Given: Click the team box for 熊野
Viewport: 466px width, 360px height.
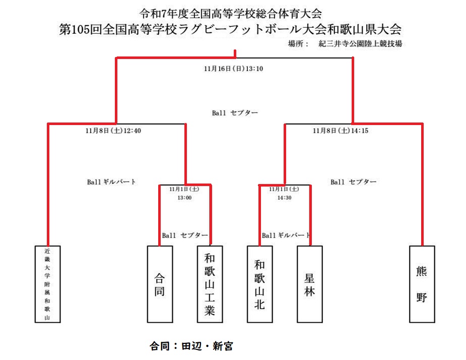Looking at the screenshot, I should click(422, 284).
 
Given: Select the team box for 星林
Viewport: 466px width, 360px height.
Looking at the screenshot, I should click(309, 284).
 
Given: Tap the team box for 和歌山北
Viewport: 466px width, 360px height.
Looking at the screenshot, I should click(259, 284).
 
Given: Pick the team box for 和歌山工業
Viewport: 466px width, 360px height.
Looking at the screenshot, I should click(210, 284).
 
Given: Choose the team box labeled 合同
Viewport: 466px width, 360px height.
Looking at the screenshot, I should click(160, 284).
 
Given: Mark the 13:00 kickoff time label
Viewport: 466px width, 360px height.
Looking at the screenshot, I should click(184, 198).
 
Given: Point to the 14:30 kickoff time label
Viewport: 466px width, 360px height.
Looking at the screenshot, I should click(285, 198).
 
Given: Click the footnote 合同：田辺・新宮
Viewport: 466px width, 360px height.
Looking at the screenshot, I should click(191, 346).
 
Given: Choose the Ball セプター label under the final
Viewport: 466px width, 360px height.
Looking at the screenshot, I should click(235, 113).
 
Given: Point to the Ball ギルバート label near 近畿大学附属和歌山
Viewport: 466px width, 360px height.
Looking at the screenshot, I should click(111, 182).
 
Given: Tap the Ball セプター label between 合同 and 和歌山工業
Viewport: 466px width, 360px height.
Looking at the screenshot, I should click(184, 235).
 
